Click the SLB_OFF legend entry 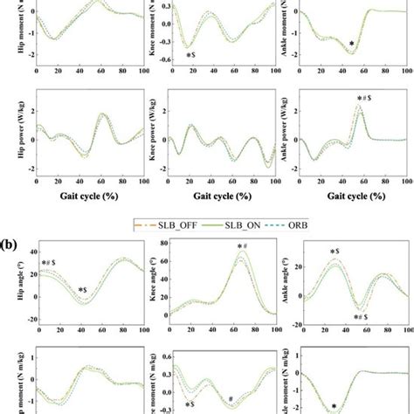[168, 224]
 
